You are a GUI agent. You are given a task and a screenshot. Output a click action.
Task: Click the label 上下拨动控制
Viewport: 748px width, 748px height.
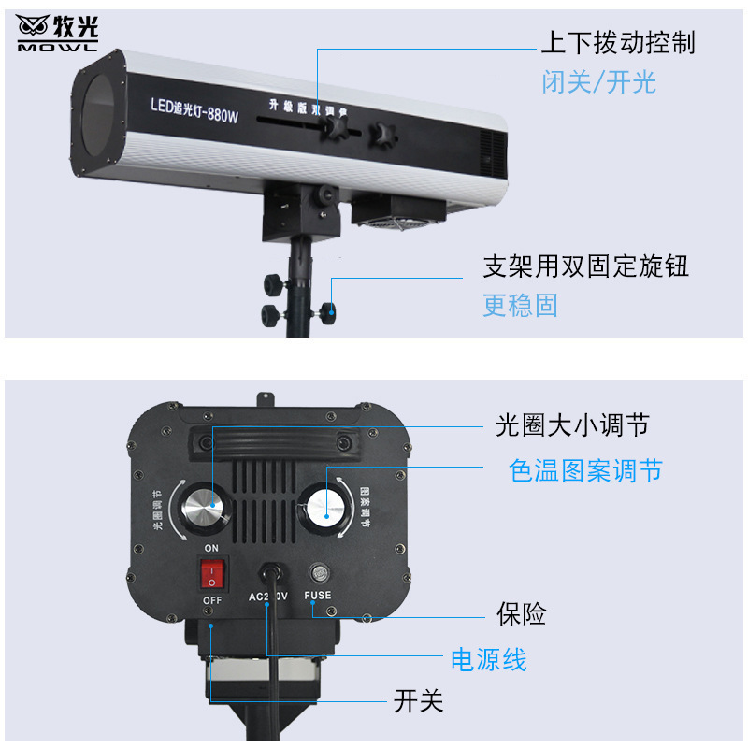click(x=618, y=43)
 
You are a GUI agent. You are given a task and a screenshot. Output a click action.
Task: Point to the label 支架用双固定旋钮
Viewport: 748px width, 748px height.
click(x=586, y=266)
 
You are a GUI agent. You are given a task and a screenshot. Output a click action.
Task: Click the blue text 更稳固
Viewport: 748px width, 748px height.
click(x=521, y=305)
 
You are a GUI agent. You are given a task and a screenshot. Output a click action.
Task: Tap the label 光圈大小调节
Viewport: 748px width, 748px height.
click(x=572, y=427)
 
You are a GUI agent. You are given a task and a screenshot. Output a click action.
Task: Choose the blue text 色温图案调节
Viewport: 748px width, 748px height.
click(x=586, y=469)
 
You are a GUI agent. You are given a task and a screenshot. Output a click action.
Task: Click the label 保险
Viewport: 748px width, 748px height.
click(x=521, y=614)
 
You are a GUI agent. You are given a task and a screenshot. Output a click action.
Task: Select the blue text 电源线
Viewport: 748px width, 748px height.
click(x=489, y=660)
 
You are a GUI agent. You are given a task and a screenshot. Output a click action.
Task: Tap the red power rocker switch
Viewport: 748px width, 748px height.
click(x=212, y=572)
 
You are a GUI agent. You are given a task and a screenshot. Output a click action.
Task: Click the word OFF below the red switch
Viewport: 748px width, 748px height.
click(x=212, y=599)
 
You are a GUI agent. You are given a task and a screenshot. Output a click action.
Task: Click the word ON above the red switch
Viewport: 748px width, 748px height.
click(x=211, y=548)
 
